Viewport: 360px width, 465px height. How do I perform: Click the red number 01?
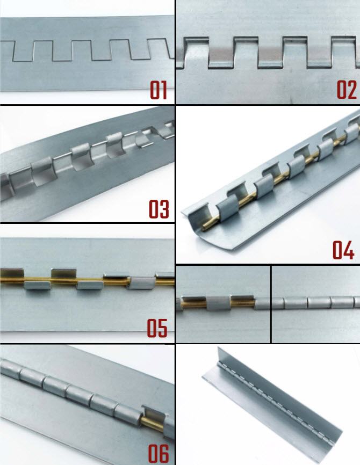(159, 90)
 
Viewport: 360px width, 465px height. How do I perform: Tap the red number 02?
(347, 90)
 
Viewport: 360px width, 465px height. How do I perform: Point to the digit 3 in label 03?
(164, 209)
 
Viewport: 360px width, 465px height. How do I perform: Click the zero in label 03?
(154, 209)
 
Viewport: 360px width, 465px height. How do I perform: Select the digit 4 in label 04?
(349, 250)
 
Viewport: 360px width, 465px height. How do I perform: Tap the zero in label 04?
(337, 250)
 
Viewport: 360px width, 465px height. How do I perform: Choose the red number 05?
(157, 328)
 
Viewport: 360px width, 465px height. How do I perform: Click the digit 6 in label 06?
(164, 453)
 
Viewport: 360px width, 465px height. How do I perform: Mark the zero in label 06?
(154, 453)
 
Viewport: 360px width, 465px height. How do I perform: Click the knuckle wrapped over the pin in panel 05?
(141, 283)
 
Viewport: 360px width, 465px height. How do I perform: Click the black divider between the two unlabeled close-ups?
(271, 304)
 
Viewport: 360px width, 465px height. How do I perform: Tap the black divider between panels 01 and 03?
(87, 105)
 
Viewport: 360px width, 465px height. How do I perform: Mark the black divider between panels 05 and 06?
(87, 344)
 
